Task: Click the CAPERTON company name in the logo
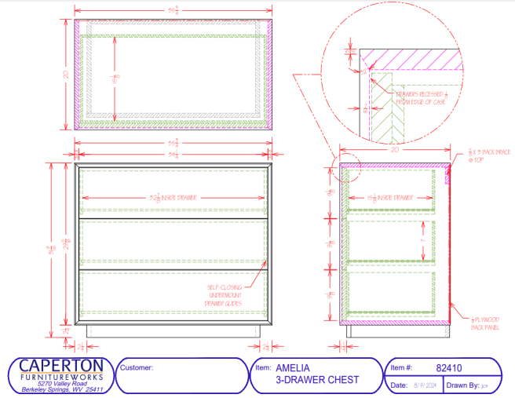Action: coord(60,366)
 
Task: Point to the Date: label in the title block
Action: coord(399,385)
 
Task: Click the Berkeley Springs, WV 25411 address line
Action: coord(60,389)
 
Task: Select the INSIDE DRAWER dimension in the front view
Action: coord(173,197)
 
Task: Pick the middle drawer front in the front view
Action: coord(173,243)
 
